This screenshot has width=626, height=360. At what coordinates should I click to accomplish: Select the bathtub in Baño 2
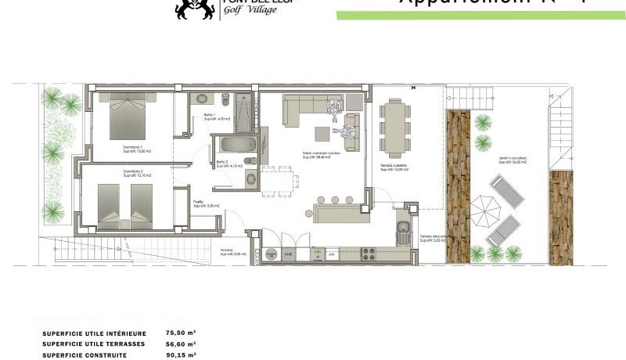pyautogui.click(x=236, y=146)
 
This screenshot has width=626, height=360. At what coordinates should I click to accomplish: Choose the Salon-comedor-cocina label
pyautogui.click(x=317, y=155)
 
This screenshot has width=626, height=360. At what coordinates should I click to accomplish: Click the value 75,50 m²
pyautogui.click(x=181, y=333)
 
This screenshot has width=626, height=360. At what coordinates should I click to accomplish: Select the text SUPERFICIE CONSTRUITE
pyautogui.click(x=85, y=355)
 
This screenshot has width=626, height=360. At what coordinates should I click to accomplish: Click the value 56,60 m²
pyautogui.click(x=181, y=344)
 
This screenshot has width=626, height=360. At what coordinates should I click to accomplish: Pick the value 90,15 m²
pyautogui.click(x=181, y=355)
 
